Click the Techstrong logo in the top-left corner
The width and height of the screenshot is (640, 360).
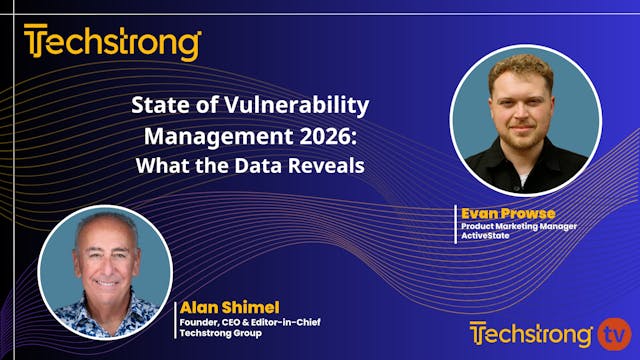pos(113,45)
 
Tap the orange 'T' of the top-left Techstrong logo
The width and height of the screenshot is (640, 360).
pos(36,45)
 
